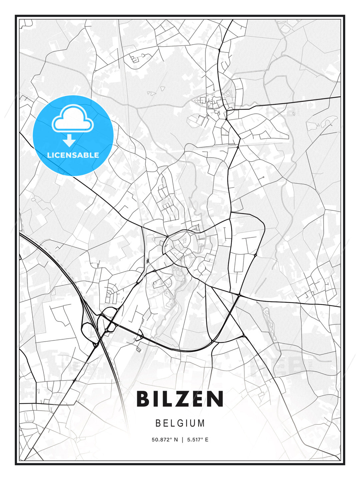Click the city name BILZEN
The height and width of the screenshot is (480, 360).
180,399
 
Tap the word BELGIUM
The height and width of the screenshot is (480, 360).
180,423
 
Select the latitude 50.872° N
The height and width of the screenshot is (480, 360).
165,440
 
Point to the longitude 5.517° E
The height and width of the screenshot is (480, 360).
198,440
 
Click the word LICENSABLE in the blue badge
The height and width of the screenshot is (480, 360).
73,155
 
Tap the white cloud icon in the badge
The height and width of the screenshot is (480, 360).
72,118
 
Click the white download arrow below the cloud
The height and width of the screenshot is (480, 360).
69,141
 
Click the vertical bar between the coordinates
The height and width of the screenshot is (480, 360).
182,440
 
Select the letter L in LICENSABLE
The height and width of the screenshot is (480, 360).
49,155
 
